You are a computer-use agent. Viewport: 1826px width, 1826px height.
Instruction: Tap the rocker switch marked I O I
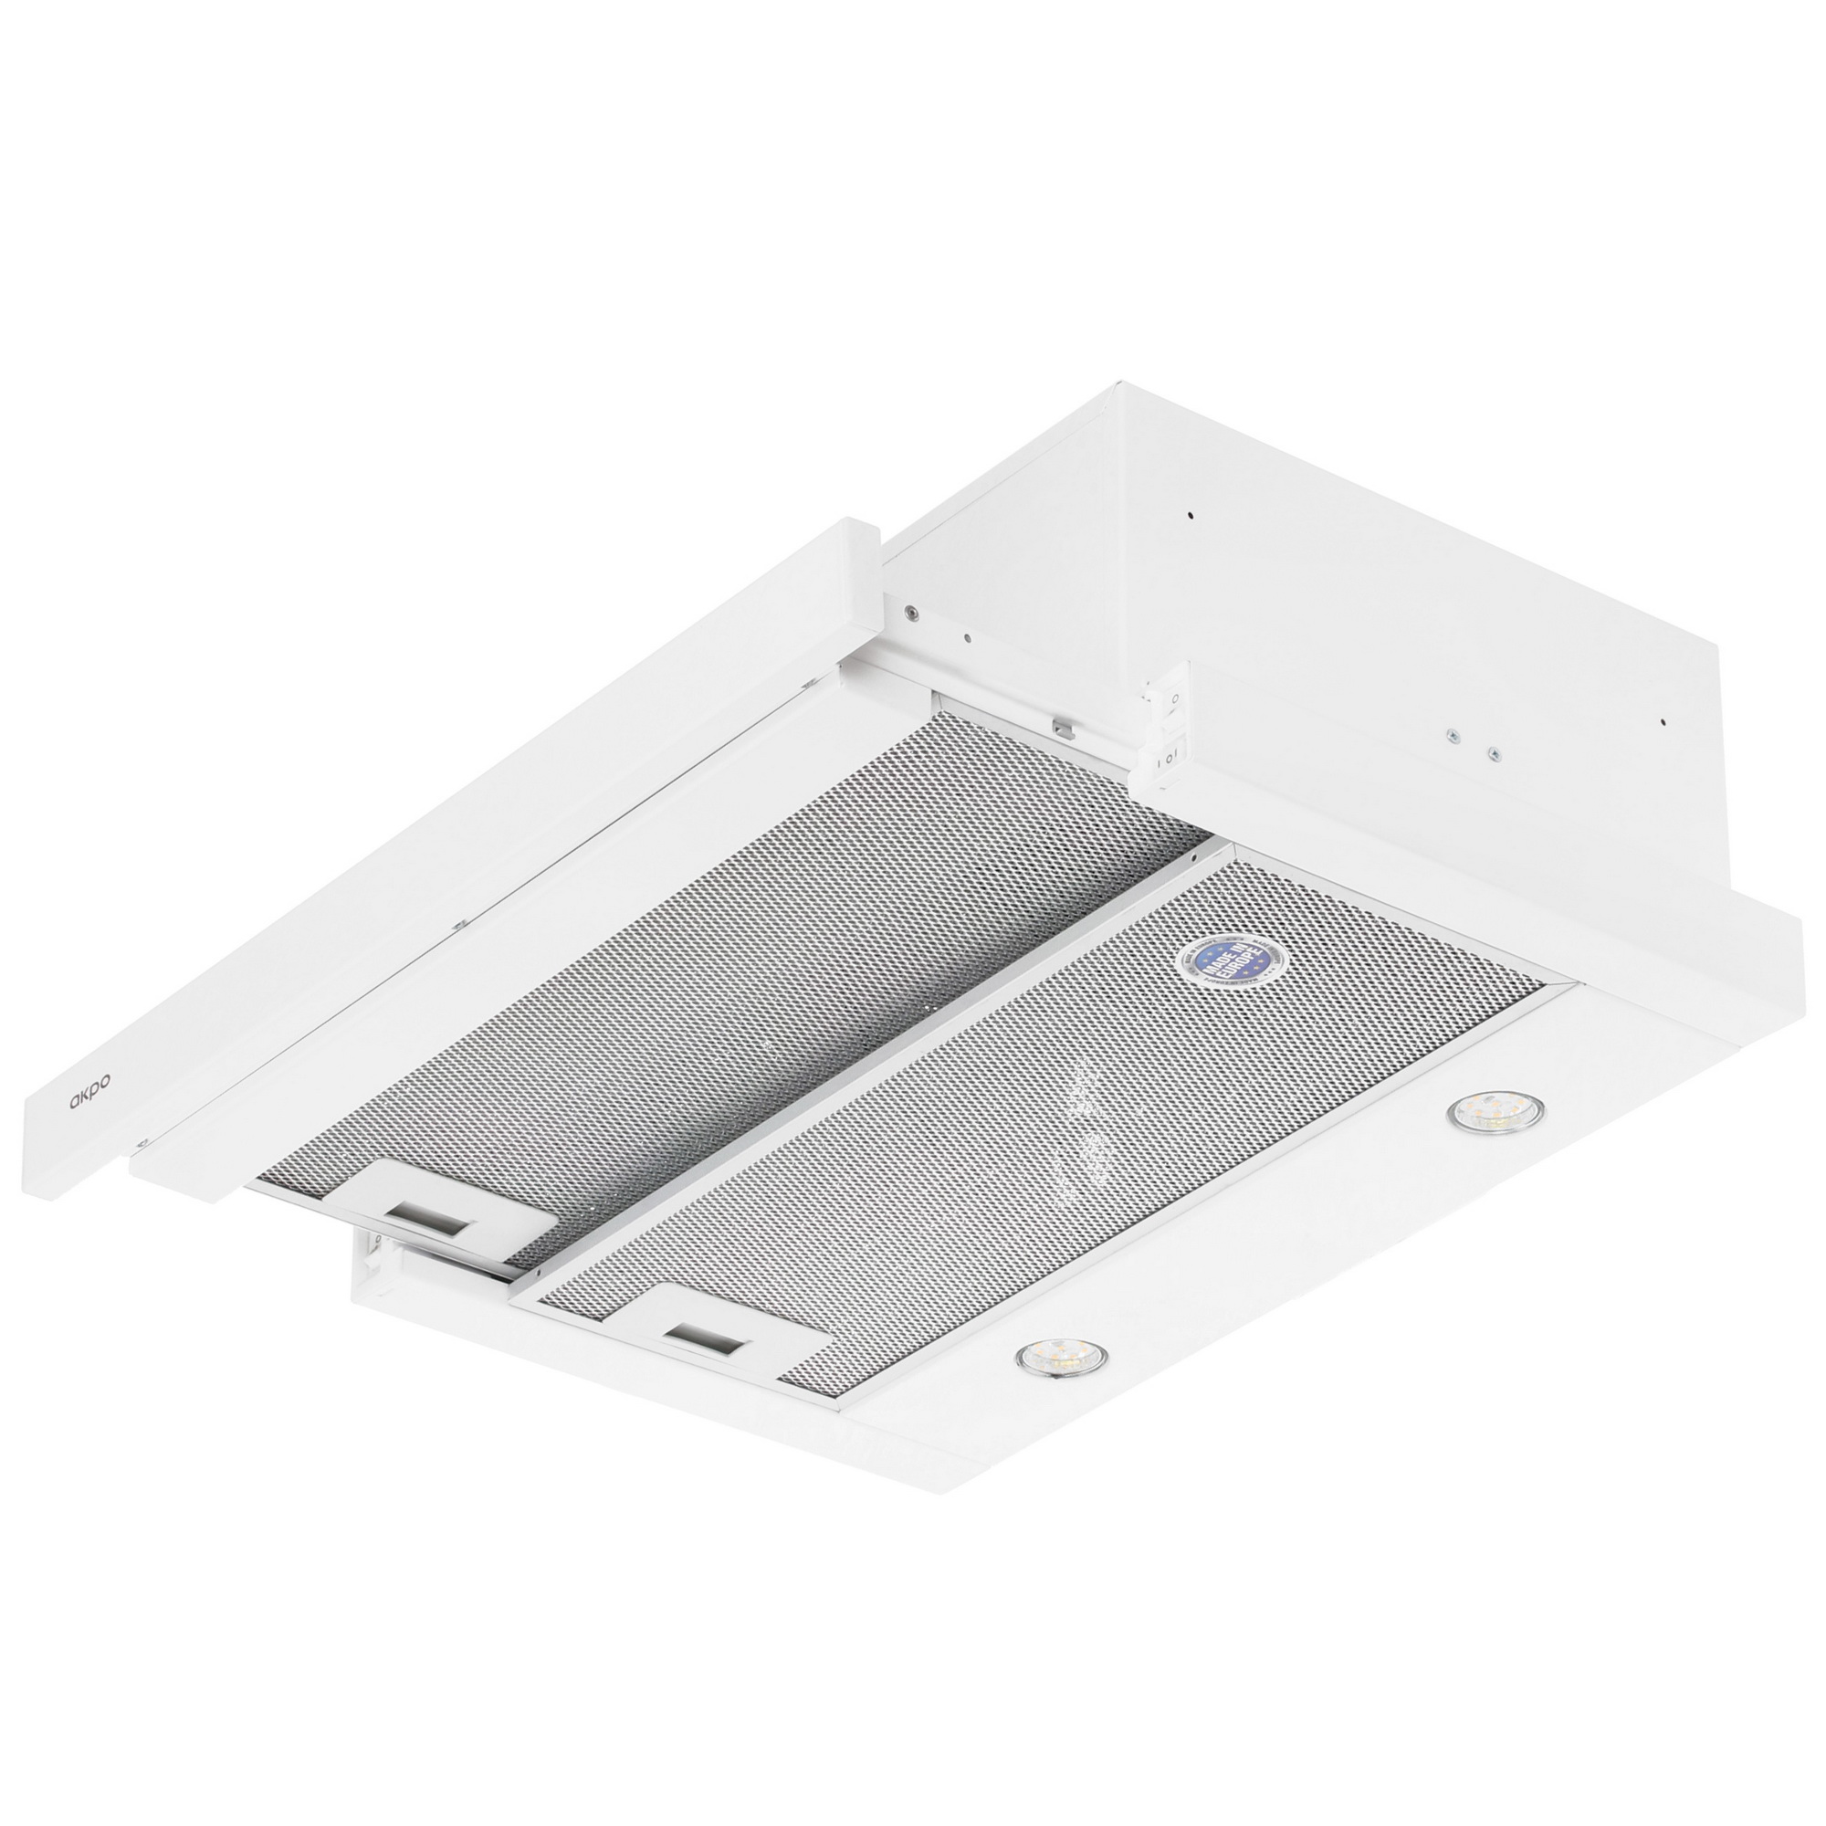(1169, 757)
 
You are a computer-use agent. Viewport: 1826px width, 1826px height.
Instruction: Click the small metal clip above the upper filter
(1065, 728)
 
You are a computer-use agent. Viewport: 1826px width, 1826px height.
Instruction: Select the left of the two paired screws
(1451, 734)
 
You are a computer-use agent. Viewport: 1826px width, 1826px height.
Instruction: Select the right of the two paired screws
(1494, 753)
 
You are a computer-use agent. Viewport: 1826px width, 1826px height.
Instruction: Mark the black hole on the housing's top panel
(1191, 516)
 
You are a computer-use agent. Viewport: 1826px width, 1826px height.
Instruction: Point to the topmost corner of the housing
(1121, 383)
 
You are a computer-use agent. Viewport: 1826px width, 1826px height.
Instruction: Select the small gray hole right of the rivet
(967, 637)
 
